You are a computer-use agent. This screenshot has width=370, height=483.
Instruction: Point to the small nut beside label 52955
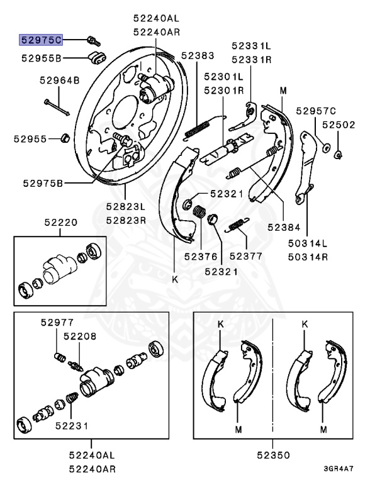65,138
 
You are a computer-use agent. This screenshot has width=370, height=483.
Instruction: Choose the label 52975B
43,183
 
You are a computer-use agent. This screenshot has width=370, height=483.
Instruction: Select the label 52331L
250,45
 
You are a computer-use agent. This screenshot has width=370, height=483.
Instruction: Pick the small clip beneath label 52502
338,153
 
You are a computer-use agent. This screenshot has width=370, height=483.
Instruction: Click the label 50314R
308,256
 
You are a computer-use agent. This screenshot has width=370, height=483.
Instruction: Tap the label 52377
245,256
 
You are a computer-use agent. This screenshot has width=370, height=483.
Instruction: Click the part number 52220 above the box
60,222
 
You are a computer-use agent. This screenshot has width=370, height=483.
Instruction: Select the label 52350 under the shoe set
272,453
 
